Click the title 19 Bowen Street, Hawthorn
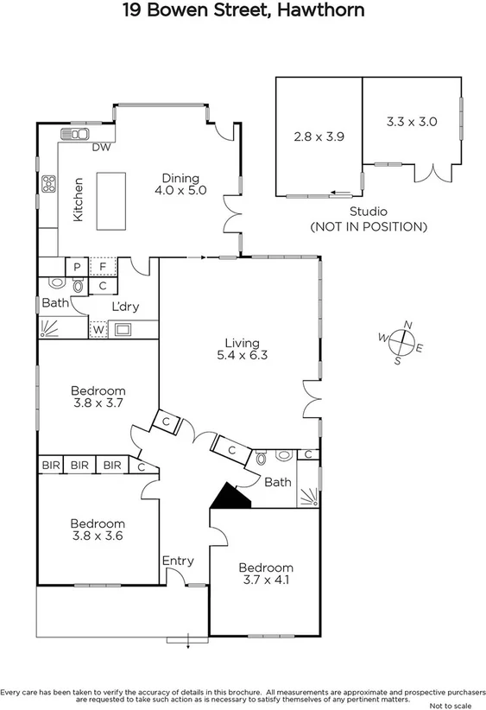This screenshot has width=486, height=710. point(243,11)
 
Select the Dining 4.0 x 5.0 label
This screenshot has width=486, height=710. point(180,185)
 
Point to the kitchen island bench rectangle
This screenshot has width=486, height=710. point(110,200)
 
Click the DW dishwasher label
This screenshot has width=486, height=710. point(101,148)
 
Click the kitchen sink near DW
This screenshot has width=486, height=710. point(73,135)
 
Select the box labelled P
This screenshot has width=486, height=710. point(76,267)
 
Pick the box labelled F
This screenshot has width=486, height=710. point(103,267)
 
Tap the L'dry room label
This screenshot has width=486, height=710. point(125,307)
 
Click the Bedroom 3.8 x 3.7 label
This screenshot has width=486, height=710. point(98,396)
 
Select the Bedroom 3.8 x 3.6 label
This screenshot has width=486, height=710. point(98,529)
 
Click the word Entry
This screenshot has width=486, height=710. point(178,561)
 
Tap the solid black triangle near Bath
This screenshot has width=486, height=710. point(229,496)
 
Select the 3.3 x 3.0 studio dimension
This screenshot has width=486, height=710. point(412,122)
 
